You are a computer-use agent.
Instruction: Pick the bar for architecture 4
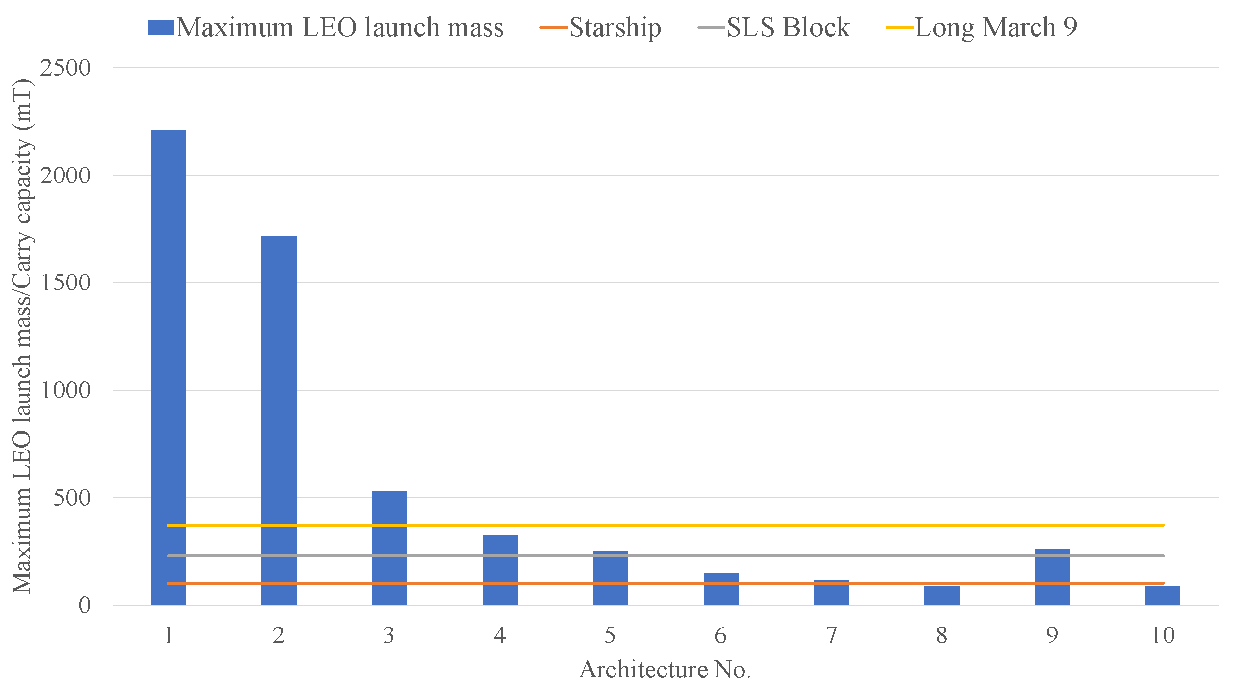500,570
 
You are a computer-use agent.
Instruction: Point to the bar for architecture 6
721,592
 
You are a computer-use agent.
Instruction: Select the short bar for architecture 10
1163,596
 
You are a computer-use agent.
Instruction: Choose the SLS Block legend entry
774,27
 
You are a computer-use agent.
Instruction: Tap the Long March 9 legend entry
982,27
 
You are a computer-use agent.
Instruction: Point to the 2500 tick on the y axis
65,68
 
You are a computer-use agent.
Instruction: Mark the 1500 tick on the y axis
65,283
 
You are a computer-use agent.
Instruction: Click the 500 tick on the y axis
72,498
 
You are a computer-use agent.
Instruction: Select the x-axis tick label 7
831,635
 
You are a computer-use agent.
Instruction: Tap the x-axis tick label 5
610,635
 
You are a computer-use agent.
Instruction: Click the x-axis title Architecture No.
665,669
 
